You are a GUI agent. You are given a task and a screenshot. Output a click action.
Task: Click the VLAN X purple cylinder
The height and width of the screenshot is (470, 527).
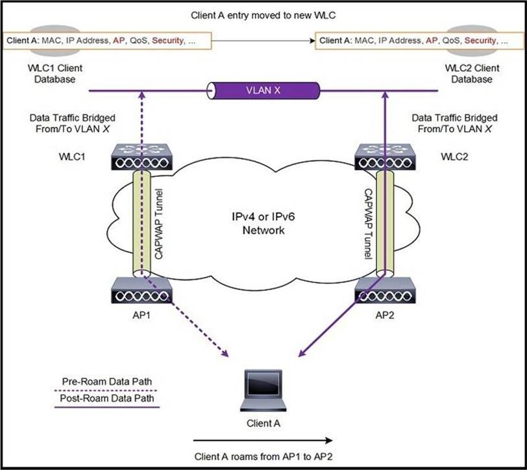tap(263, 90)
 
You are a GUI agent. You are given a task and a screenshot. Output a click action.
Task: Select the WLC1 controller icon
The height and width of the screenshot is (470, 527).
tap(141, 156)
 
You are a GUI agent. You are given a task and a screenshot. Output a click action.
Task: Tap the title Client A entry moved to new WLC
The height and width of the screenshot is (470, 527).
tap(263, 14)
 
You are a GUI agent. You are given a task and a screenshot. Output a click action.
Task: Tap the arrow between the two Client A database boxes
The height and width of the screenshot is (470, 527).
tap(263, 40)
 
